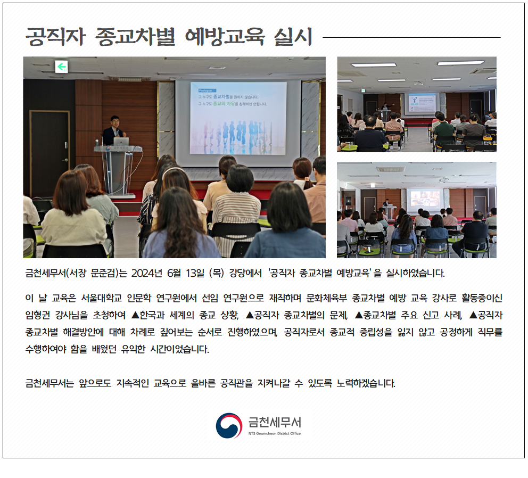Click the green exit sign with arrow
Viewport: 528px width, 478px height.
tap(61, 67)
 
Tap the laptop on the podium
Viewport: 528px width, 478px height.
tap(121, 141)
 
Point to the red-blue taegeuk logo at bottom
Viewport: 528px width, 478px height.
tap(229, 425)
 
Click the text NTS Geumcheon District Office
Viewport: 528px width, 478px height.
tap(275, 433)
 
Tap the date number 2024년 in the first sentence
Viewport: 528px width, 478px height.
tap(147, 273)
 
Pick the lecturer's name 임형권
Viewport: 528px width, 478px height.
tap(37, 315)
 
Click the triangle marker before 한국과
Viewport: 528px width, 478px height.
tap(135, 315)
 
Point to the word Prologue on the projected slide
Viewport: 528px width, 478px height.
tap(205, 90)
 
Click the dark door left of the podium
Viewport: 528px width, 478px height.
tap(49, 153)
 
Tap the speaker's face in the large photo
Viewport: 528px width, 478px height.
tap(115, 121)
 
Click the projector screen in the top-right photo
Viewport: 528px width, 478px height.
tap(422, 103)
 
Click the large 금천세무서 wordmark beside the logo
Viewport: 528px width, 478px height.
tap(275, 422)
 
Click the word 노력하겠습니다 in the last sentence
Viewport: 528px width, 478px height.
tap(366, 383)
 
